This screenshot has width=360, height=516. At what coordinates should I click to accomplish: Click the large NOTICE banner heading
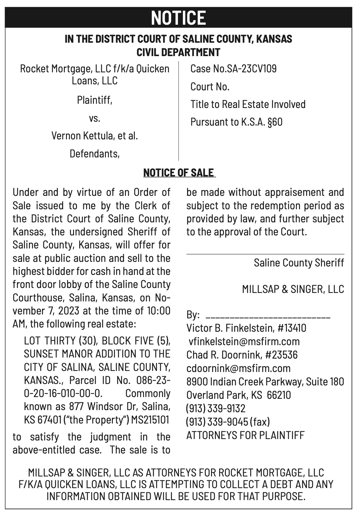point(179,18)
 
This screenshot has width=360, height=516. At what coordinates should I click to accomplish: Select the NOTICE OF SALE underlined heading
point(179,173)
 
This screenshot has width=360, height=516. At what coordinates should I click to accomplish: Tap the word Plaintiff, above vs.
point(95,100)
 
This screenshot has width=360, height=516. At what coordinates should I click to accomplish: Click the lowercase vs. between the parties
point(95,118)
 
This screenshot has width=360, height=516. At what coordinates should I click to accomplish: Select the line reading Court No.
point(210,86)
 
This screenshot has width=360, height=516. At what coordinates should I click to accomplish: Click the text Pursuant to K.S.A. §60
point(236,122)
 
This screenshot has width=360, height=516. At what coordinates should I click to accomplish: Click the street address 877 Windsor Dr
point(108,407)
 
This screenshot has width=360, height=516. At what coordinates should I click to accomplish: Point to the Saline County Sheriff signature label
point(299,263)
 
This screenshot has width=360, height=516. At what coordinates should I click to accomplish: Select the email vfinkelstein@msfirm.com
point(244,341)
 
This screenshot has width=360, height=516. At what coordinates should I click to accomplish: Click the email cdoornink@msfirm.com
point(239,368)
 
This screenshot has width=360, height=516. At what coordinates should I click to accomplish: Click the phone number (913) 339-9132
point(216,408)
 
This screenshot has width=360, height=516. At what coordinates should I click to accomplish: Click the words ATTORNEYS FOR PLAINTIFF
point(245,435)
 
